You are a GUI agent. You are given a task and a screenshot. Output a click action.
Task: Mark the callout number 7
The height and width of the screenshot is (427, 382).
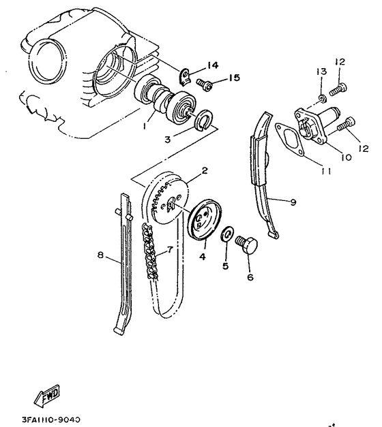tap(170, 251)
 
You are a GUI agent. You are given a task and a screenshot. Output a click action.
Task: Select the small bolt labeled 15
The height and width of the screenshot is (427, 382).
tap(204, 84)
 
